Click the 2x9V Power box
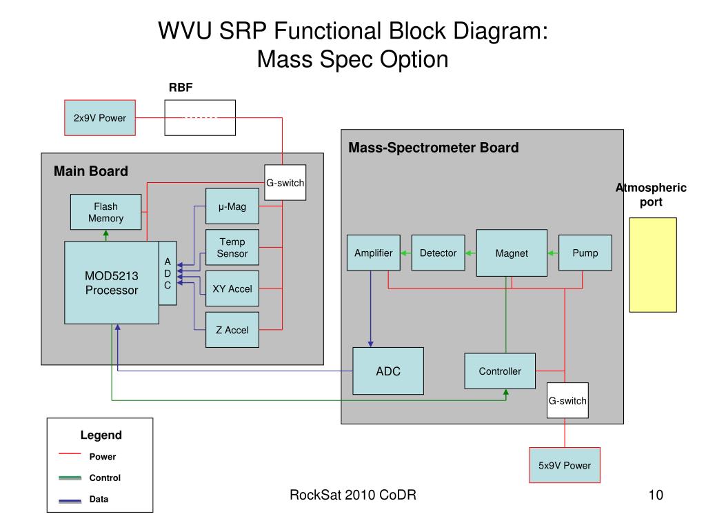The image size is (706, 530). [100, 117]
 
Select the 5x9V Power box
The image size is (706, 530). [565, 465]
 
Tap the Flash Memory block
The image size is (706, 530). [105, 212]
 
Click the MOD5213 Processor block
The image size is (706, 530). [112, 282]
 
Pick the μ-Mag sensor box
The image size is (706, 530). [232, 206]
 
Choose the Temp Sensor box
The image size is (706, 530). [232, 248]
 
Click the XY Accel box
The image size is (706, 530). [232, 288]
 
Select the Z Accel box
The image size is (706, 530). [232, 330]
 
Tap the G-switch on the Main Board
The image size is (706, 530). [285, 182]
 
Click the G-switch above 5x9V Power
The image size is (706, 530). [567, 400]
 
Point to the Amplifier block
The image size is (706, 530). [374, 253]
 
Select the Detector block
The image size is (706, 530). [438, 253]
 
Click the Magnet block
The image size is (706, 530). [512, 253]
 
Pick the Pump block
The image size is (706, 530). [585, 253]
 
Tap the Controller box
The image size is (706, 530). [500, 371]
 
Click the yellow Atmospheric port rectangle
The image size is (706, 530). [653, 265]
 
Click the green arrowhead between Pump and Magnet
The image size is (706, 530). [551, 253]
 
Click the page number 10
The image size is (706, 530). [656, 495]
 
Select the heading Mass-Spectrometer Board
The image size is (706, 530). [434, 148]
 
